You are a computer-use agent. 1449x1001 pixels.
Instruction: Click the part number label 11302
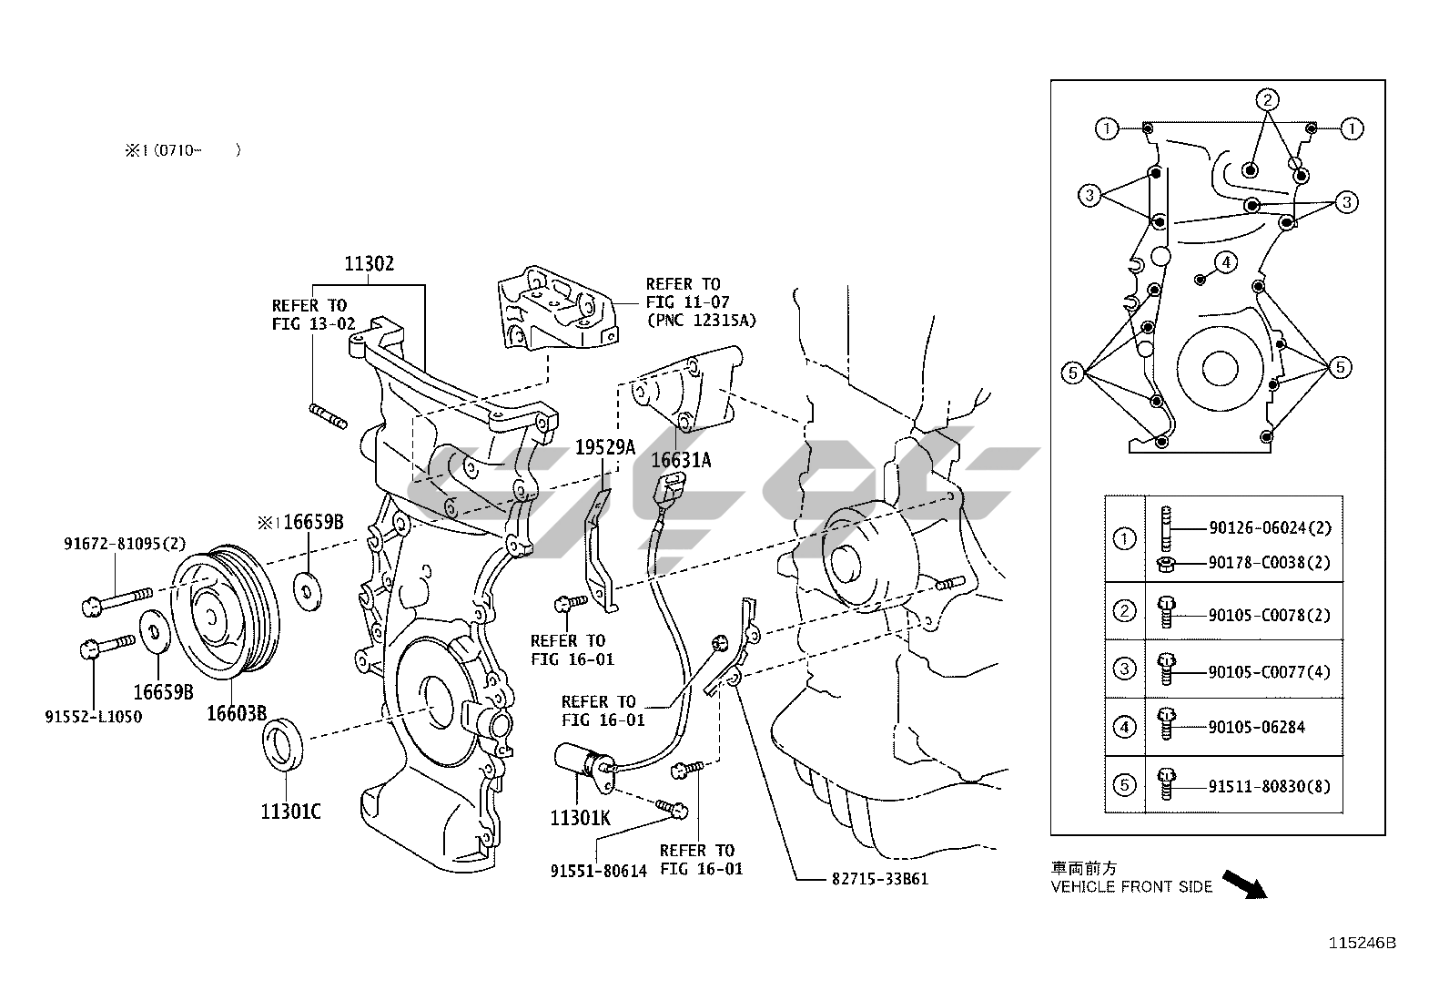point(369,264)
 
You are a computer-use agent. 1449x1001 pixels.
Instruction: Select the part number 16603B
point(236,712)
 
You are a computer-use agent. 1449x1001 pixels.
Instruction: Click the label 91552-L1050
point(94,717)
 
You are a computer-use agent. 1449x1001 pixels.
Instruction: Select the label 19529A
point(604,446)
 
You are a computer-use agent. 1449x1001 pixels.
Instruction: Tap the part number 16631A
point(681,460)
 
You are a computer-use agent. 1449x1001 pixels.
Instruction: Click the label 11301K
point(580,818)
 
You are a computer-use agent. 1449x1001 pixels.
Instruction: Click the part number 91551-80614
point(598,871)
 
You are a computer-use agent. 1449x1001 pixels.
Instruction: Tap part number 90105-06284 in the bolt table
point(1257,727)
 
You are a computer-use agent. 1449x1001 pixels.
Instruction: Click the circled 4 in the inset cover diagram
point(1226,263)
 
